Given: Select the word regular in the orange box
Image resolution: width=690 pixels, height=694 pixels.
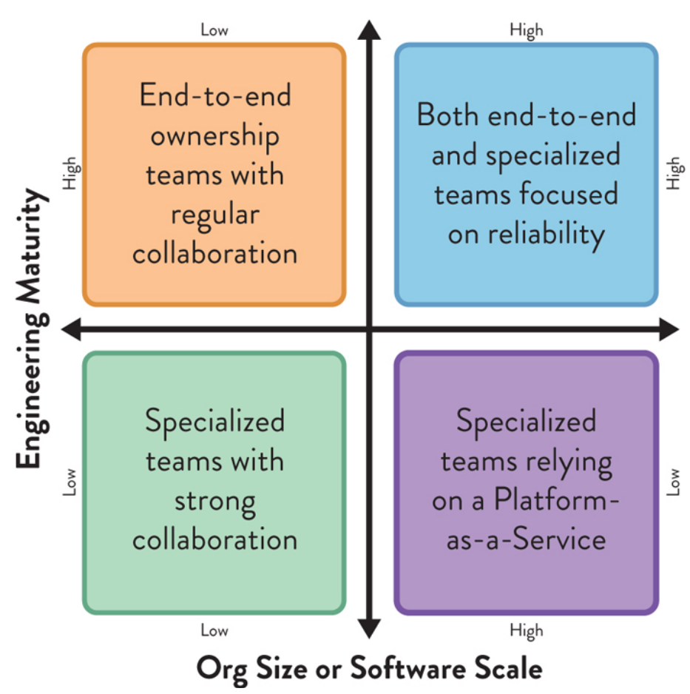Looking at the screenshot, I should click(214, 215).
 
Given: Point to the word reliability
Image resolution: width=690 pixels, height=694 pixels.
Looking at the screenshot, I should click(547, 234).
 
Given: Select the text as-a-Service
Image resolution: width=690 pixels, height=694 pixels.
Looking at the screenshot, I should click(526, 539).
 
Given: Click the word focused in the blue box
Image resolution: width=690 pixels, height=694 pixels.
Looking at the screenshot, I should click(570, 194).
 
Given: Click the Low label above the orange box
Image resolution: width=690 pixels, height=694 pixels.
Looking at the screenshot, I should click(214, 30).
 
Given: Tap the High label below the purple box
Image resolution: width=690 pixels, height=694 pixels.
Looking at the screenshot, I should click(526, 631).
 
